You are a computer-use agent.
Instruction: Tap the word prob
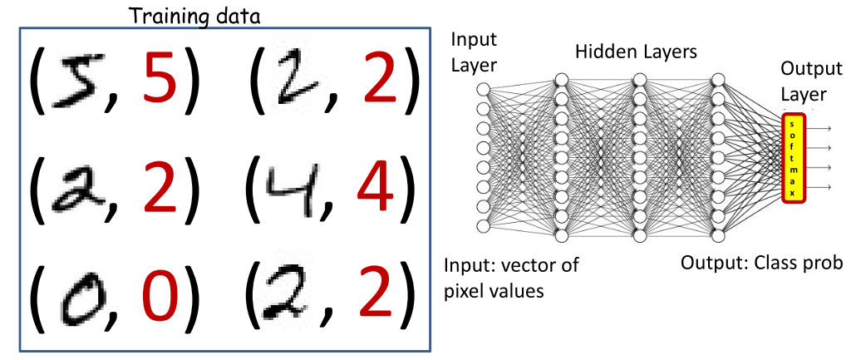827,264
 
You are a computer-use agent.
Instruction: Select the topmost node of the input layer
484,90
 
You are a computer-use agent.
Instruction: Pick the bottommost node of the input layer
484,226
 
